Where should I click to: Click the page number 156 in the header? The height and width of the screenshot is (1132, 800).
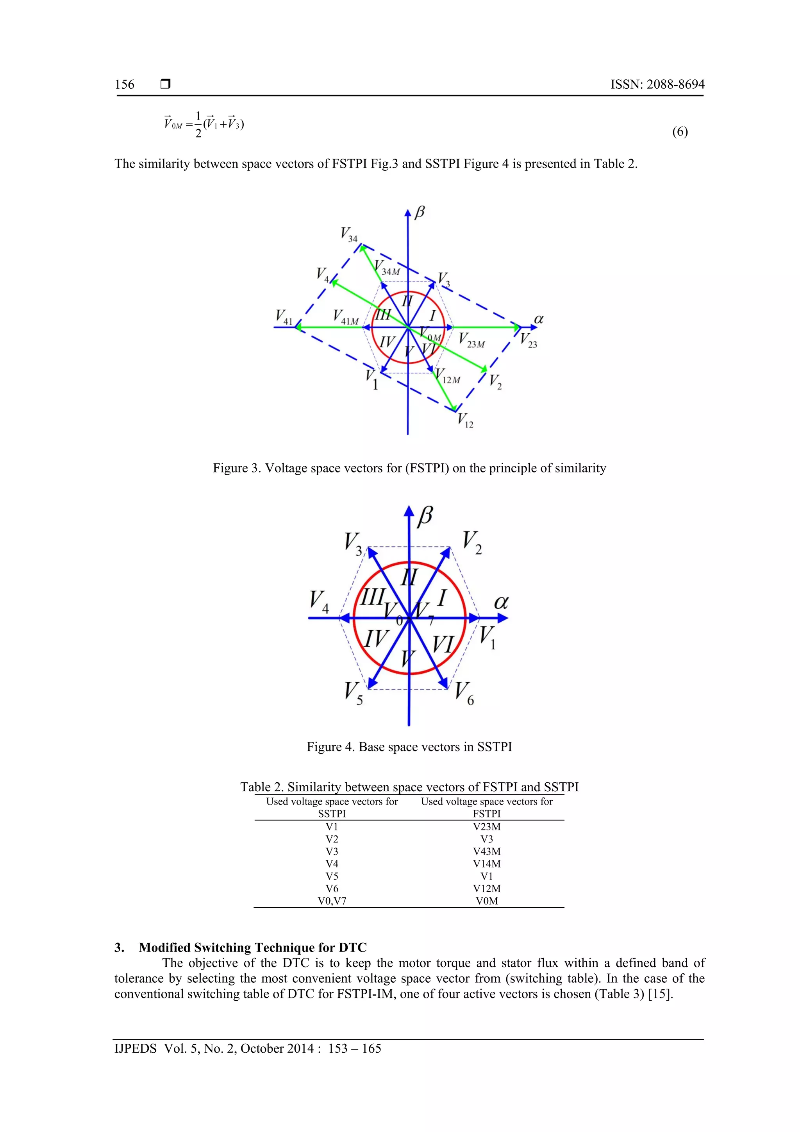(124, 84)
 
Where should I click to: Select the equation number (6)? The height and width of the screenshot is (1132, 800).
(680, 132)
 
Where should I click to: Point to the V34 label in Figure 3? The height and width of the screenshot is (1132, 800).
(348, 234)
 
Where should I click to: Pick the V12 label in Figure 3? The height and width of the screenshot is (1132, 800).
(465, 420)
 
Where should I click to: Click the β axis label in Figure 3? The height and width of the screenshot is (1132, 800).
(420, 213)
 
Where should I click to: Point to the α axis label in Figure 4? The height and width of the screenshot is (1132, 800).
(501, 602)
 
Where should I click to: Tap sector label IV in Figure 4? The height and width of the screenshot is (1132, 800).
(376, 638)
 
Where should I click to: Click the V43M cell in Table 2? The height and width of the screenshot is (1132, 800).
(486, 851)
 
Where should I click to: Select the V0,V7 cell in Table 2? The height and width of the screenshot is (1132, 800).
(332, 901)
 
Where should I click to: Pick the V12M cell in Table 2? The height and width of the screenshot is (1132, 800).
(486, 889)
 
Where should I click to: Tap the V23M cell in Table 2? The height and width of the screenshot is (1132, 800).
(486, 827)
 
